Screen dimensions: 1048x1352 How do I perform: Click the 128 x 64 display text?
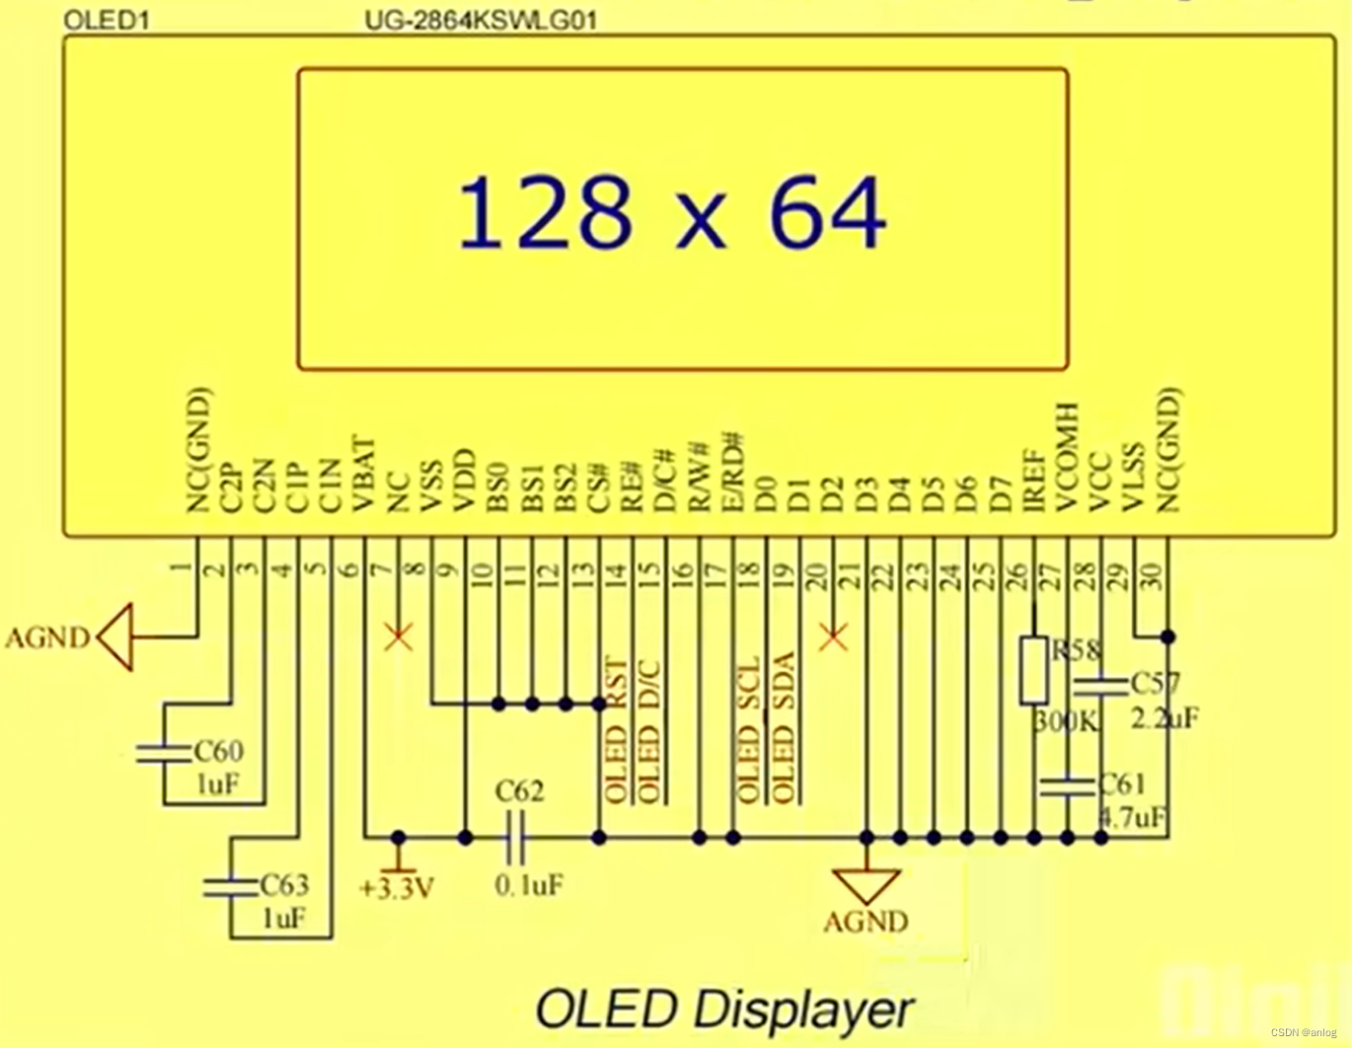[x=672, y=212]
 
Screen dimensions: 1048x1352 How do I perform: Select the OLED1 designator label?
[x=106, y=20]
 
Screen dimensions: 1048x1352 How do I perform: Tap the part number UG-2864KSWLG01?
[x=481, y=20]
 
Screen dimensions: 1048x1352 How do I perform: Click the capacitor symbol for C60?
[x=164, y=753]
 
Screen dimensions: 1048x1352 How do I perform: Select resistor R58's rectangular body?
[x=1033, y=670]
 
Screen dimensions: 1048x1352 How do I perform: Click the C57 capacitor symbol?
[x=1100, y=685]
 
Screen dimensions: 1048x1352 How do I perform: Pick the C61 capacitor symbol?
[x=1067, y=786]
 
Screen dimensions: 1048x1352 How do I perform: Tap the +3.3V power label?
[x=397, y=888]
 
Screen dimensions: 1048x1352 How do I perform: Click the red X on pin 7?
[x=398, y=636]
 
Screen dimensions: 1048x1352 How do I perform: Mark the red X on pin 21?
[x=833, y=636]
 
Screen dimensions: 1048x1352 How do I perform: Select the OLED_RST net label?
[x=615, y=729]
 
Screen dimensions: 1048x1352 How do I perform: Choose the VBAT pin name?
[x=362, y=475]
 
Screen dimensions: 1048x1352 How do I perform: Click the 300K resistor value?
[x=1066, y=721]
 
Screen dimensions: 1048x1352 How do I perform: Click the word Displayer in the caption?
[x=803, y=1009]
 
